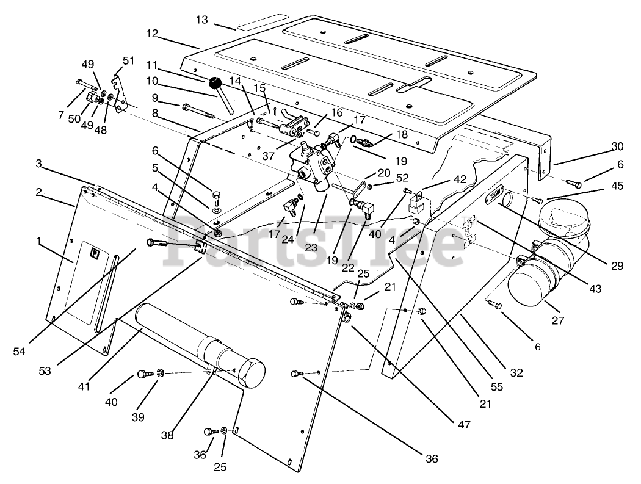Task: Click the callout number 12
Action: click(x=153, y=32)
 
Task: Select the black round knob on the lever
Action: click(x=214, y=82)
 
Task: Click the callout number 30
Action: click(x=617, y=146)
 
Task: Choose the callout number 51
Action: click(x=128, y=60)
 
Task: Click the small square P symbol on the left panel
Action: click(x=95, y=253)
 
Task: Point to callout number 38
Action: click(x=167, y=436)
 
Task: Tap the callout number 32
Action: click(x=516, y=372)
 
